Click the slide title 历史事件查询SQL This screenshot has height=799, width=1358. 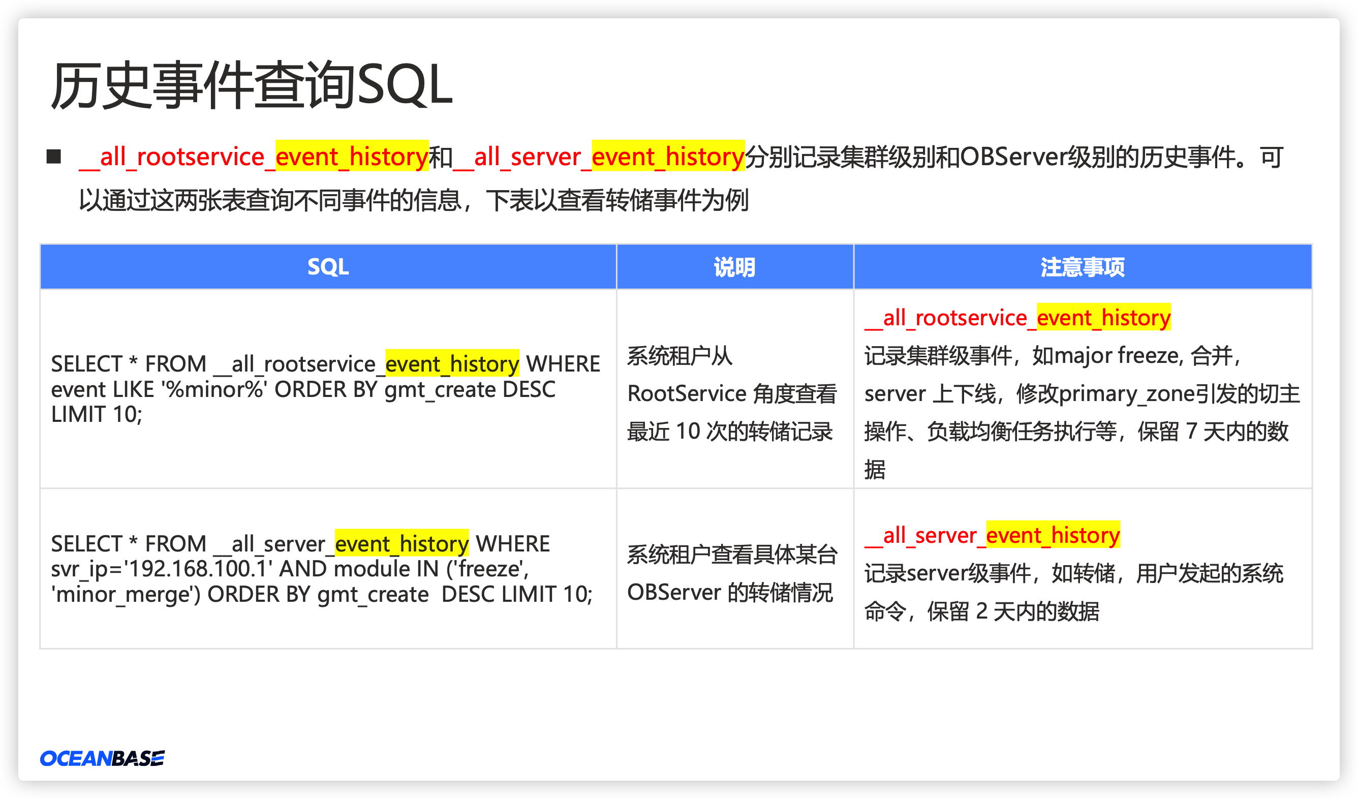click(252, 85)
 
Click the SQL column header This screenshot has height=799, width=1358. click(328, 267)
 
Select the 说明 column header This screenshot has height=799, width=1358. click(734, 267)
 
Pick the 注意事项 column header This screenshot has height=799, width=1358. click(1083, 267)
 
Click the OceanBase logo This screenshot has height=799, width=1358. click(102, 758)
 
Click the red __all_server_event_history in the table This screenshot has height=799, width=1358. click(993, 535)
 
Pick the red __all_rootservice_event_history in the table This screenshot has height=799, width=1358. click(1018, 317)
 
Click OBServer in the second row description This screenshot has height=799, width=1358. click(674, 593)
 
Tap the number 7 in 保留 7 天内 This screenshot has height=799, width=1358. click(1191, 432)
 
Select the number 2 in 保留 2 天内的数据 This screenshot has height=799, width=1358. click(981, 611)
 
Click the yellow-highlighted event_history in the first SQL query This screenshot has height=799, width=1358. click(452, 364)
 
